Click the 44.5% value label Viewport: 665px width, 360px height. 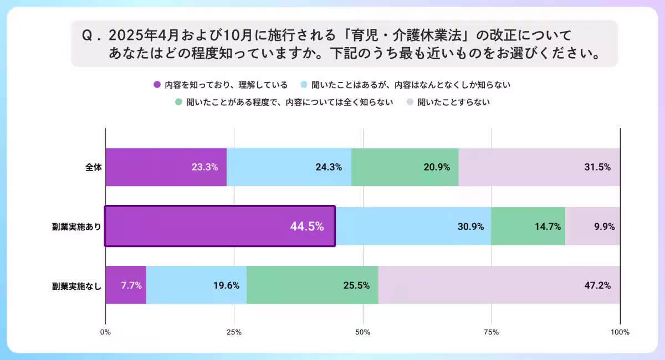[x=306, y=226]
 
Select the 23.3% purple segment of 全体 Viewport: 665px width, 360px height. [x=166, y=167]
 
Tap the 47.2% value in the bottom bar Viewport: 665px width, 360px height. [x=597, y=285]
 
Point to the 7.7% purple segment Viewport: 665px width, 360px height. [x=126, y=285]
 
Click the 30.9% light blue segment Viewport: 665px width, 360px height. [x=413, y=226]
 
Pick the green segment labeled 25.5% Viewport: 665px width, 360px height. [x=312, y=285]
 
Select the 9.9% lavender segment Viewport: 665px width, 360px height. [x=592, y=226]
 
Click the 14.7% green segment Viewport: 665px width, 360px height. [x=528, y=226]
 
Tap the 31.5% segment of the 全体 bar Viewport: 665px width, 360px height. [x=539, y=167]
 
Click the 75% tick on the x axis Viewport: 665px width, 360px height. [x=492, y=332]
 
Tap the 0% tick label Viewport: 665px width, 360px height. [x=105, y=332]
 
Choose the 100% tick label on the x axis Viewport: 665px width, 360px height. [x=620, y=332]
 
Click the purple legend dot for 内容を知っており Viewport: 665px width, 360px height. [x=157, y=85]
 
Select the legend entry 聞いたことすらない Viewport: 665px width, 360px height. [x=453, y=102]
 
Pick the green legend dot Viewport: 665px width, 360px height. [x=178, y=102]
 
